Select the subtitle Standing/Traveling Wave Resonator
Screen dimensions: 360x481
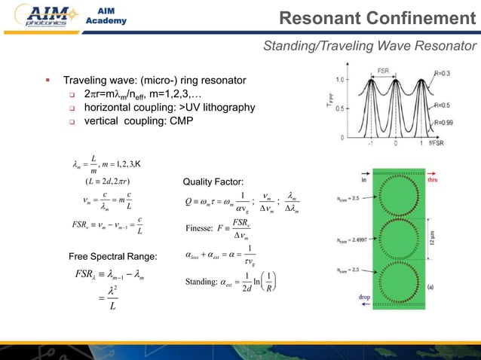[x=369, y=47]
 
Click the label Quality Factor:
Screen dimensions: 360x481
[x=213, y=182]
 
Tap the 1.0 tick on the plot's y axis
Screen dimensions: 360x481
[x=341, y=80]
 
